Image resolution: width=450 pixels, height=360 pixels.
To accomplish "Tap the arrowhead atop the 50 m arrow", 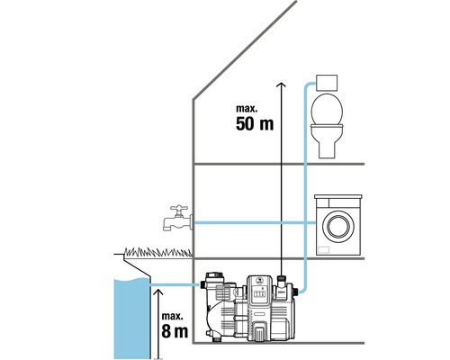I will (x=281, y=85).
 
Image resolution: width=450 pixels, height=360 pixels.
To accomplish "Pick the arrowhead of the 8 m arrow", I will (x=156, y=291).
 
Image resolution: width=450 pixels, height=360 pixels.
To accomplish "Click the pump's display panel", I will (x=259, y=290).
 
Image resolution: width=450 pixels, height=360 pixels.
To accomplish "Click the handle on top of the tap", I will (x=176, y=206).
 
